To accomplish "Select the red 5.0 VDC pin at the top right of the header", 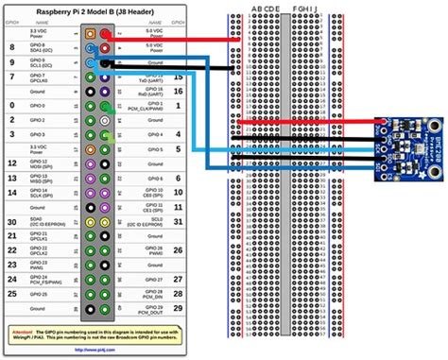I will pos(104,33).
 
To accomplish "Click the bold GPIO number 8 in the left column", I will pos(13,47).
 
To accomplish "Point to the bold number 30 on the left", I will pos(13,223).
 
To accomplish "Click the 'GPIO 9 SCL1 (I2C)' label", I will pos(51,62).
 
